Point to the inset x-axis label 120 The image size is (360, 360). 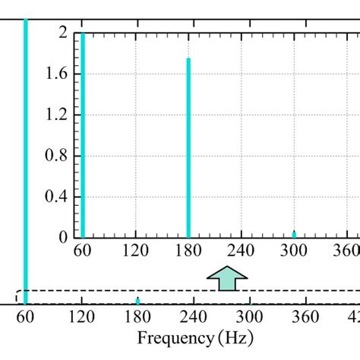pos(135,251)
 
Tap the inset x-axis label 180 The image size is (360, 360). pos(188,251)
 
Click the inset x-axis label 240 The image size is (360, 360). pos(242,251)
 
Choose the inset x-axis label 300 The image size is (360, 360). pos(294,251)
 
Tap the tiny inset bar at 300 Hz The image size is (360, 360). pos(294,234)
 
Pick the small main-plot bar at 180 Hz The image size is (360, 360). pos(137,301)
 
